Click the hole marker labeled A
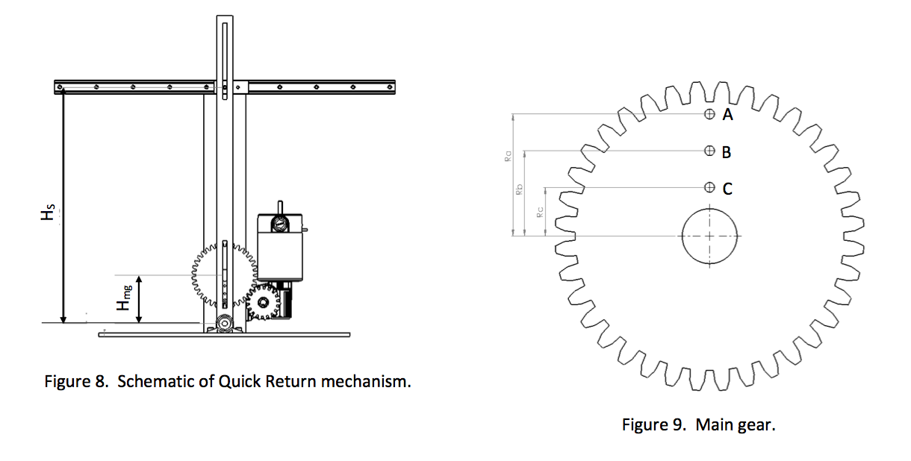point(709,114)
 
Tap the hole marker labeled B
point(709,151)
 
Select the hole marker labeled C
point(709,186)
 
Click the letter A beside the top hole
point(728,115)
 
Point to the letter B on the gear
point(727,152)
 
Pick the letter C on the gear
point(727,189)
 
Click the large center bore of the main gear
point(709,236)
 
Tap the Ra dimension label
point(507,157)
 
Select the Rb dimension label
point(519,192)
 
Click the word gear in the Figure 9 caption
point(757,427)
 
